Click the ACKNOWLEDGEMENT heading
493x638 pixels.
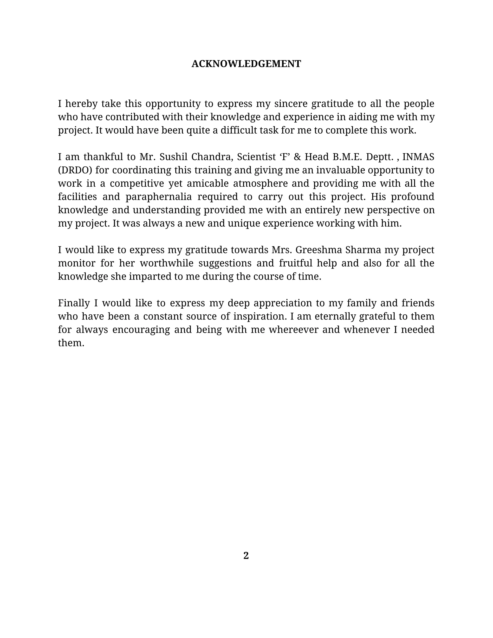pyautogui.click(x=246, y=64)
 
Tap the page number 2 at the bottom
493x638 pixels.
pyautogui.click(x=246, y=555)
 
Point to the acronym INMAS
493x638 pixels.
pyautogui.click(x=418, y=157)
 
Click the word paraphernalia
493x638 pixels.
pyautogui.click(x=159, y=197)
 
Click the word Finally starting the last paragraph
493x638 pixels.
pyautogui.click(x=74, y=303)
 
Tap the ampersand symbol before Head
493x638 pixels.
pyautogui.click(x=297, y=157)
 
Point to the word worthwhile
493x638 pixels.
pyautogui.click(x=167, y=263)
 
